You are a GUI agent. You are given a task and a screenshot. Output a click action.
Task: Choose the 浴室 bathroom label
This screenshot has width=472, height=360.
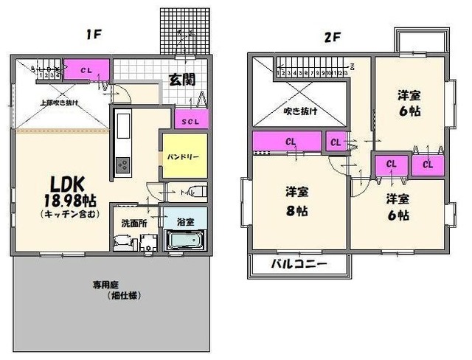(x=185, y=220)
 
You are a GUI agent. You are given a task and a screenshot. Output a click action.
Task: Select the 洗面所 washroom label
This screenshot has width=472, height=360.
(x=133, y=221)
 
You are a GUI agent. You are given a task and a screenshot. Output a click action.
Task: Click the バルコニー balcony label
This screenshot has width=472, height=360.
(x=298, y=264)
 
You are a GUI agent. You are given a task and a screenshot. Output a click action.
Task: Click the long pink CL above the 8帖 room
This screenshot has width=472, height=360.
(x=287, y=141)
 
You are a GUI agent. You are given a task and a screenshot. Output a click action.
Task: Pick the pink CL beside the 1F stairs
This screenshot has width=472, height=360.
(x=87, y=69)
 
